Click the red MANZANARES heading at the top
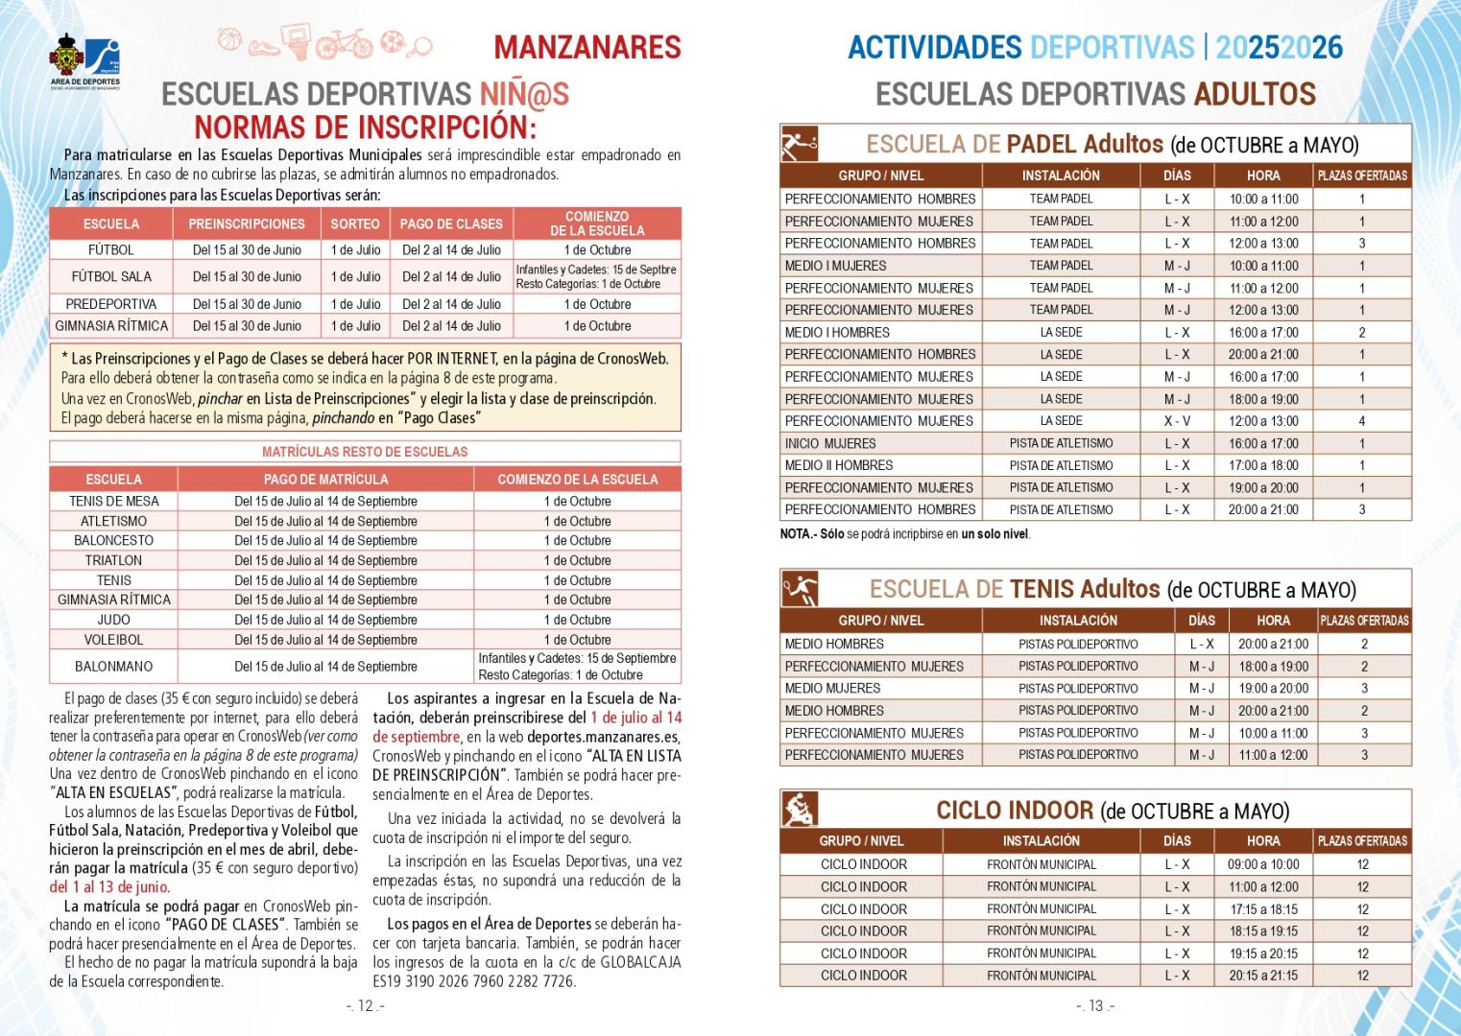(587, 47)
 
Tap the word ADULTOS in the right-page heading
(1254, 94)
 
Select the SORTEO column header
(355, 224)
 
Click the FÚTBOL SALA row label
(111, 276)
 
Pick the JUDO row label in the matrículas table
(113, 620)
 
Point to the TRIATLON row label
(113, 560)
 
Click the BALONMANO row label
(113, 667)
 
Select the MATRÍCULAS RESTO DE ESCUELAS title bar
(365, 452)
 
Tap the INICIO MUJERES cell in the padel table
(830, 443)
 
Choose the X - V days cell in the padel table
(1177, 421)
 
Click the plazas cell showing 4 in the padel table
(1361, 421)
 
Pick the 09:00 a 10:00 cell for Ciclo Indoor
(1262, 864)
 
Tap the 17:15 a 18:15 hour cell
(1262, 909)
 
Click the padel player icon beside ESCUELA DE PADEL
(799, 144)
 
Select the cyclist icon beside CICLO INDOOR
(799, 810)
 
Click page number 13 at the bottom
(1095, 1006)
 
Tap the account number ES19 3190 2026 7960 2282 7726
(474, 981)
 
